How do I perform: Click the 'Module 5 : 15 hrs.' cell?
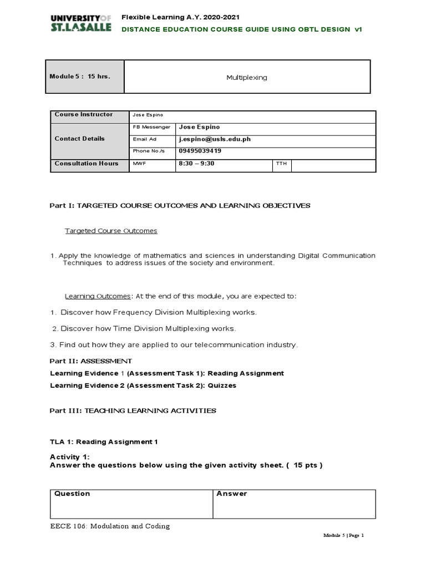point(79,76)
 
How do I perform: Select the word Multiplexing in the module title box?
point(246,78)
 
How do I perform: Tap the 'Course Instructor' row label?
point(83,115)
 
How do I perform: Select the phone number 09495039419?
point(201,151)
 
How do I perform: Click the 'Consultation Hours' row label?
point(86,164)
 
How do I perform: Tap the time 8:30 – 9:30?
point(196,164)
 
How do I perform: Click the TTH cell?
point(281,164)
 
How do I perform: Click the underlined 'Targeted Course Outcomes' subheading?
point(111,231)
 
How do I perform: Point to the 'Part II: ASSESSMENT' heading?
point(91,361)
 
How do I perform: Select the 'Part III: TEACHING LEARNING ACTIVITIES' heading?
point(133,410)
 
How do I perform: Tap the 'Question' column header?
point(72,494)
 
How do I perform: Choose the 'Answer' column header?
point(232,494)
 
